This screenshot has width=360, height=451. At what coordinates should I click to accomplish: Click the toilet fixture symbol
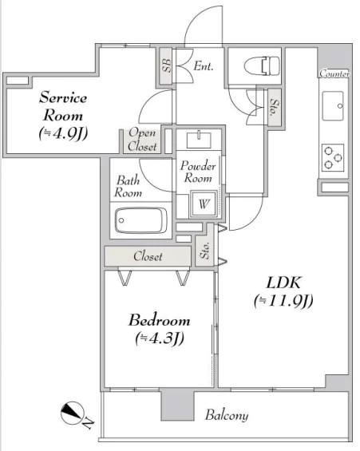pos(262,66)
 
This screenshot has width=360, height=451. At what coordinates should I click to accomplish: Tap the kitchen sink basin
pos(333,106)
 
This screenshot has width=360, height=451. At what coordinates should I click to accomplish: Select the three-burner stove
pos(333,157)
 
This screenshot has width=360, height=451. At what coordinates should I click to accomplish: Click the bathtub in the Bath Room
pos(141,220)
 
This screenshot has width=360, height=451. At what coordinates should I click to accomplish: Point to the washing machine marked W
pos(204,204)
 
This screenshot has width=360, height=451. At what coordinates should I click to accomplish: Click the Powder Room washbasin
pos(199,140)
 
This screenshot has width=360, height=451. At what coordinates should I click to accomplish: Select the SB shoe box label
pos(166,65)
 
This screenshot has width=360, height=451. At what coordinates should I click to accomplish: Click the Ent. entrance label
pos(204,66)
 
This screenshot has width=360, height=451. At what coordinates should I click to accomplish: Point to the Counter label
pos(334,73)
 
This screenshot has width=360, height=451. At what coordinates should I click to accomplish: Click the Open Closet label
pos(142,140)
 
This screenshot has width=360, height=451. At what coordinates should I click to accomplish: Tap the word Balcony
pos(227,415)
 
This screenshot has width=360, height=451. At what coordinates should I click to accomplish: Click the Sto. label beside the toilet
pos(275,107)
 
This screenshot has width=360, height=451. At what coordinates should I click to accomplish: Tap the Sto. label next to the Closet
pos(204,251)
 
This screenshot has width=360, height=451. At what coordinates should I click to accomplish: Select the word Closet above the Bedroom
pos(148,256)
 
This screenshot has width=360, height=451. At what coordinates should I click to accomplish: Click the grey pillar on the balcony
pos(177,405)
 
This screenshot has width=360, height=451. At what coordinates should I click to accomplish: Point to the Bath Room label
pos(129,186)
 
